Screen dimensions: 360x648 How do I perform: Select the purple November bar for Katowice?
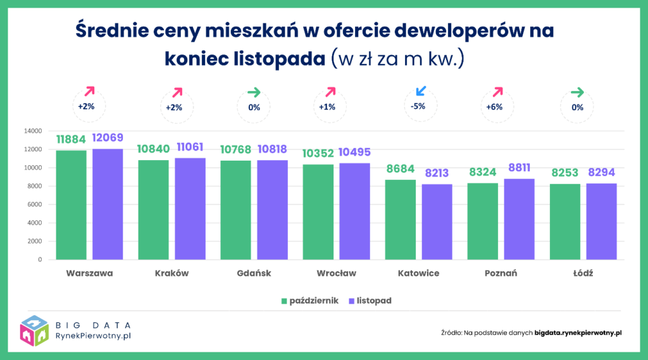(x=437, y=221)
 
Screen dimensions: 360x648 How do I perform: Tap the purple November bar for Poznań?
(x=519, y=219)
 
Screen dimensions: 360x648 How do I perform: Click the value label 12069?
(x=108, y=138)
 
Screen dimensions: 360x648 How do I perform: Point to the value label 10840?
(x=153, y=149)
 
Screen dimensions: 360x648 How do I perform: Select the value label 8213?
(x=437, y=173)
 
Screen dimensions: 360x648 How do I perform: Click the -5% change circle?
(x=418, y=106)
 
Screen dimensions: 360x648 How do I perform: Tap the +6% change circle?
(x=494, y=107)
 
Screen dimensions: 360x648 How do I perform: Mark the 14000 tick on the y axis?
(x=32, y=131)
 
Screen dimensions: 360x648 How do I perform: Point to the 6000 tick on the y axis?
(x=34, y=204)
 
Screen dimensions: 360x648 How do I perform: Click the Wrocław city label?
(x=336, y=273)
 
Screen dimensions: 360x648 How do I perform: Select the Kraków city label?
(x=171, y=273)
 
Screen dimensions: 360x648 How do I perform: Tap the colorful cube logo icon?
(x=35, y=331)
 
